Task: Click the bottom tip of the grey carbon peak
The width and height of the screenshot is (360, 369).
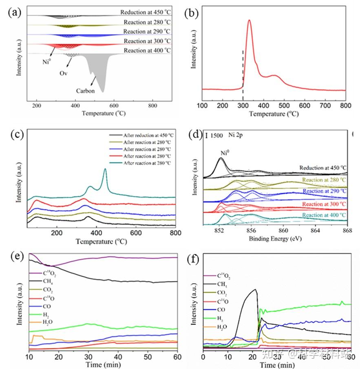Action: tap(103, 92)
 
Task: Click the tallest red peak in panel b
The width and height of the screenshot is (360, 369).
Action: tap(249, 20)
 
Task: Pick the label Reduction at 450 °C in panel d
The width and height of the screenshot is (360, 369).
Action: tap(322, 168)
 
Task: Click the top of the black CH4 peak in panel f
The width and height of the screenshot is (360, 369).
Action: tap(255, 290)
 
